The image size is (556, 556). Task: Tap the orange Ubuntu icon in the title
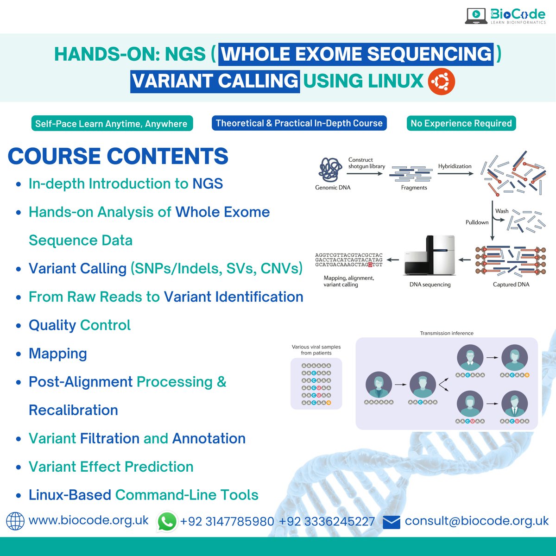coord(441,82)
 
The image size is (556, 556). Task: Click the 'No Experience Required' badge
coord(461,123)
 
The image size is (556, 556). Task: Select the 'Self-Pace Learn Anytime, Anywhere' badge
coord(111,124)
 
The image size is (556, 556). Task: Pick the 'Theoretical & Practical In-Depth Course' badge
coord(299,123)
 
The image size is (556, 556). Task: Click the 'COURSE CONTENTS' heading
coord(118,156)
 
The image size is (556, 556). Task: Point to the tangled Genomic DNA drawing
coord(330,170)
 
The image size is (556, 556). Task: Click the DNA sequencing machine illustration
coord(430,256)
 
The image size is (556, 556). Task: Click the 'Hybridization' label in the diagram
coord(455,166)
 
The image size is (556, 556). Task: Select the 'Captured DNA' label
coord(511,284)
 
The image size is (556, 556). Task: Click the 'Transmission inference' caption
coord(447,333)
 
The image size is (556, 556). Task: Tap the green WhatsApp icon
coord(167,521)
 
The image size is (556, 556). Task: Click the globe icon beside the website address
coord(15,521)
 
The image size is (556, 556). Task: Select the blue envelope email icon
coord(392,522)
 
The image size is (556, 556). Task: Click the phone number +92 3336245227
coord(327,522)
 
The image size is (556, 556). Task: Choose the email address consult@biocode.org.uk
coord(476,521)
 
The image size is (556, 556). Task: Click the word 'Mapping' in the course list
coord(58,354)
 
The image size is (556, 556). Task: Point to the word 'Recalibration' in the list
coord(73,410)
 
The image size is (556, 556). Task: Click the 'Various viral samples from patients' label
coord(316,350)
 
